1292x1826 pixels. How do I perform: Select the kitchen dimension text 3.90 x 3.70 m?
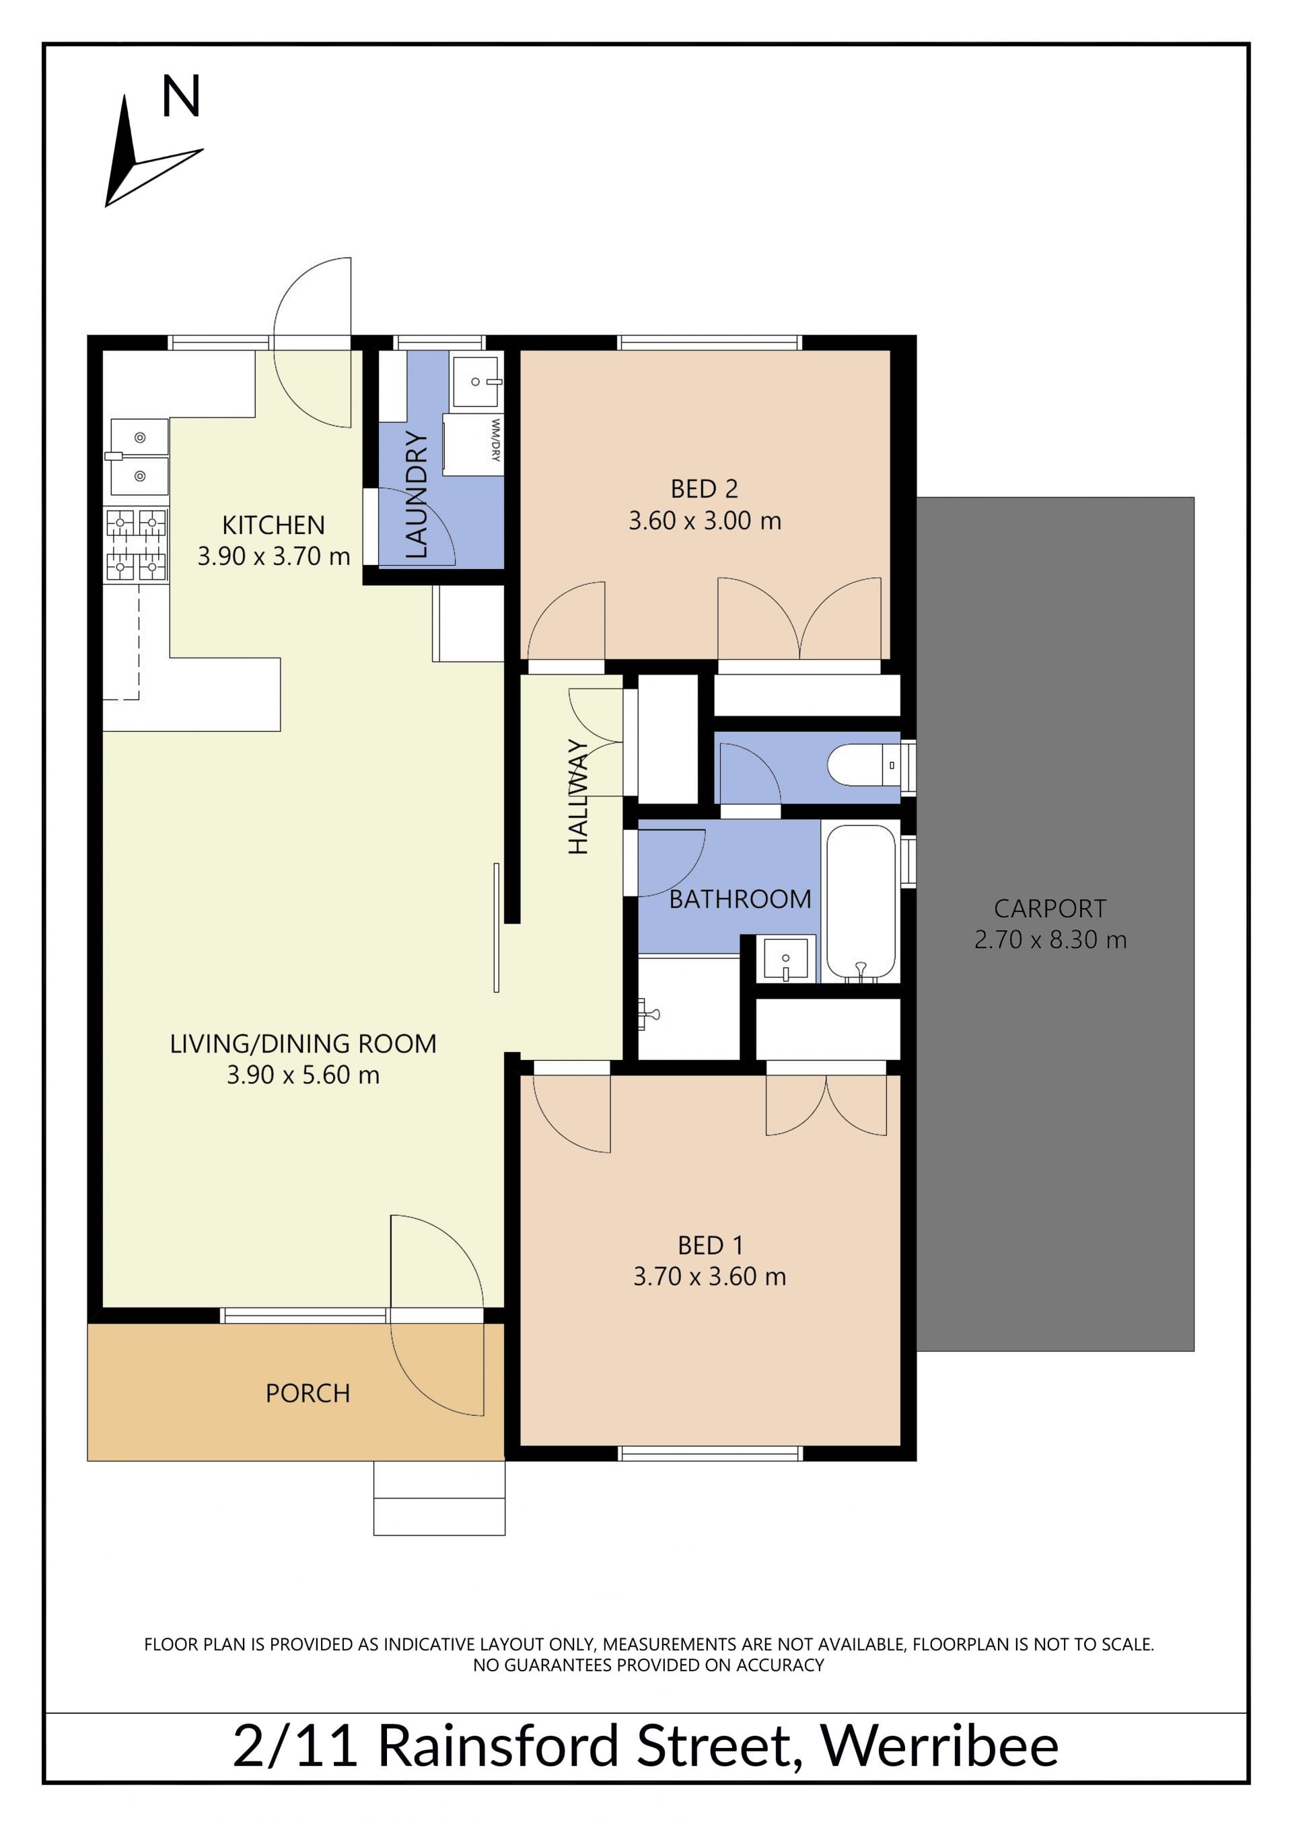coord(274,556)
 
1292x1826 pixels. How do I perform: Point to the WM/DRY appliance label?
coord(496,440)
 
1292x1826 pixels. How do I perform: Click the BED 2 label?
coord(704,488)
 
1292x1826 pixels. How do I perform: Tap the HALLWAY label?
coord(579,796)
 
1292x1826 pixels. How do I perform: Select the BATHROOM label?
coord(740,899)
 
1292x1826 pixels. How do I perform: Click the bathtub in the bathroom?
coord(861,902)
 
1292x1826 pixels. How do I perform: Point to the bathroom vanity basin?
coord(785,958)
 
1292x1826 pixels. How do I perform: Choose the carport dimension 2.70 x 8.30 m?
coord(1050,940)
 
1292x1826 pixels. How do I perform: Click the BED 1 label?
coord(710,1245)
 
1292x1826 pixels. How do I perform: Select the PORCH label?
coord(308,1394)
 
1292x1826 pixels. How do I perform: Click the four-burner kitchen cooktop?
coord(136,545)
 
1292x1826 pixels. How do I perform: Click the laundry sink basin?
coord(476,382)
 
